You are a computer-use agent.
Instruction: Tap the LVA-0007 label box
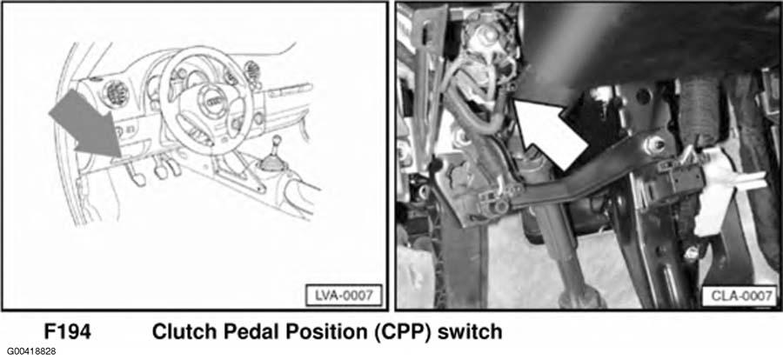point(344,295)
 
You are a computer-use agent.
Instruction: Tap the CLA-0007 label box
point(739,297)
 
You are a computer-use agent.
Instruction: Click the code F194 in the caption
point(67,332)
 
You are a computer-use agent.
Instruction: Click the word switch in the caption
point(470,332)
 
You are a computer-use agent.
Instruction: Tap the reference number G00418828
point(31,351)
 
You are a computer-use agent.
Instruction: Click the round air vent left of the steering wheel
point(116,93)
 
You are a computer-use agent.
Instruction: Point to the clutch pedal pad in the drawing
point(136,177)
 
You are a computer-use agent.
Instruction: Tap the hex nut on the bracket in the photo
point(656,145)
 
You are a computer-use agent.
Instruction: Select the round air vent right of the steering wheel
point(251,70)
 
